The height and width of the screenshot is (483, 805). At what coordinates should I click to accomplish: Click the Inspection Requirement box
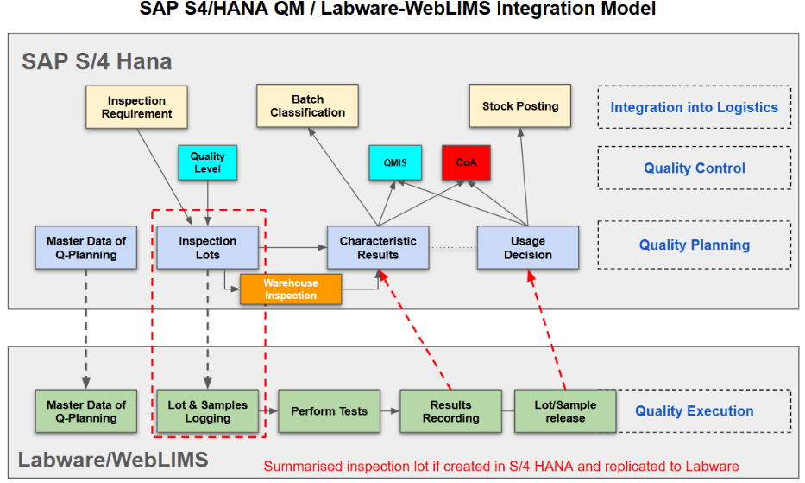click(x=136, y=106)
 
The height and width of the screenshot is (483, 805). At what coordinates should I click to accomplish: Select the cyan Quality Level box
click(x=207, y=162)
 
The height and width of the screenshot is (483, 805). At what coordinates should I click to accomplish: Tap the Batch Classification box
click(x=307, y=106)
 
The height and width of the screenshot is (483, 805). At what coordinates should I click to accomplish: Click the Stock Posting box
click(x=520, y=106)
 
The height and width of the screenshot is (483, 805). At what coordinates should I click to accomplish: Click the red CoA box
click(x=466, y=162)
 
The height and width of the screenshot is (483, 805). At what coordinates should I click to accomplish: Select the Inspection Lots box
click(x=207, y=248)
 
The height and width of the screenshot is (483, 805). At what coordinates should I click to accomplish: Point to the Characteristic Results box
click(x=378, y=248)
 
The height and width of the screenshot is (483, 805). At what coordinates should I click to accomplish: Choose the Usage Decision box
click(x=527, y=248)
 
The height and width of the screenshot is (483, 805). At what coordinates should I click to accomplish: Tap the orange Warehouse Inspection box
click(x=291, y=289)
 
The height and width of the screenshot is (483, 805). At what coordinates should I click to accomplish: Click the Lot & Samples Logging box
click(x=207, y=411)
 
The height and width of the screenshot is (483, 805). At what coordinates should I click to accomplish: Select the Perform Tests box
click(x=329, y=411)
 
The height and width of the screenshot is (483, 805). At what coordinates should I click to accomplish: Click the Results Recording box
click(x=450, y=411)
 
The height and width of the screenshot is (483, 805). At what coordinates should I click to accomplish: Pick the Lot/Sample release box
click(x=565, y=411)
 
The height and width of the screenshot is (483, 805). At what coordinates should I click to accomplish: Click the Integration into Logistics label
click(x=694, y=108)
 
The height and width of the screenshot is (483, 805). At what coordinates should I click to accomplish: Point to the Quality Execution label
click(x=694, y=411)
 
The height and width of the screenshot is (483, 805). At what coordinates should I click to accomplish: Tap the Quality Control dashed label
click(x=694, y=168)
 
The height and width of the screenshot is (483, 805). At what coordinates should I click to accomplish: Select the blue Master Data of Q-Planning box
click(x=85, y=248)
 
